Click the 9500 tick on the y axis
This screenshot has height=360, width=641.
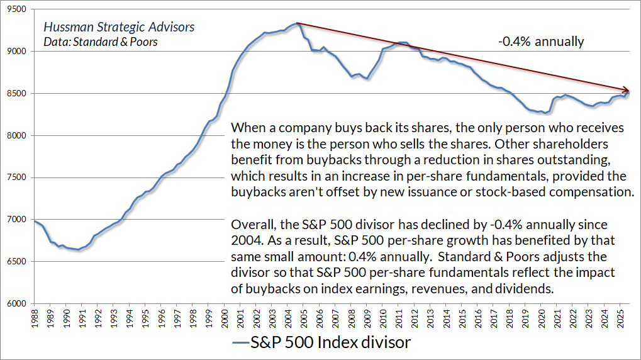pos(17,9)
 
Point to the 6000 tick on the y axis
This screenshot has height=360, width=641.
pos(17,304)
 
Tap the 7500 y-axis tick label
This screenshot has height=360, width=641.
pos(17,177)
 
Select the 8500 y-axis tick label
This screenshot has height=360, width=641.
pos(17,93)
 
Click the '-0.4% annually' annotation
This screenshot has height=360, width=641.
pos(541,42)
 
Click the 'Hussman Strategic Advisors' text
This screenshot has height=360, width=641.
pos(119,28)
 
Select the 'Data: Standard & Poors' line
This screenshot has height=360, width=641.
pos(101,42)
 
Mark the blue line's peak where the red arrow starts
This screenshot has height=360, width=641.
pos(295,23)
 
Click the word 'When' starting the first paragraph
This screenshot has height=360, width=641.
pos(248,128)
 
